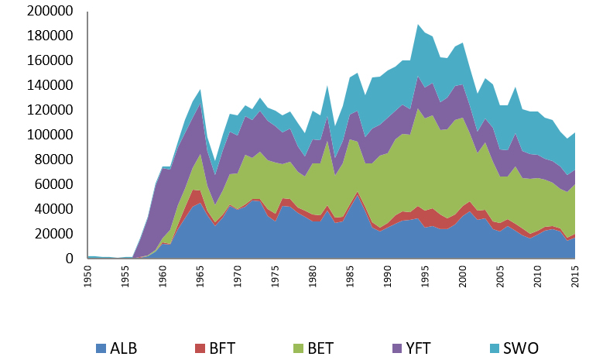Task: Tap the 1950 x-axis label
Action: [x=87, y=277]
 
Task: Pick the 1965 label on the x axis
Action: [x=200, y=277]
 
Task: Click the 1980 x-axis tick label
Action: [x=312, y=277]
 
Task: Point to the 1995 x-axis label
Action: [x=425, y=277]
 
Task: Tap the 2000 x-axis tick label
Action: [x=462, y=277]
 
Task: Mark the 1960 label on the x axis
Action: [x=163, y=277]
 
